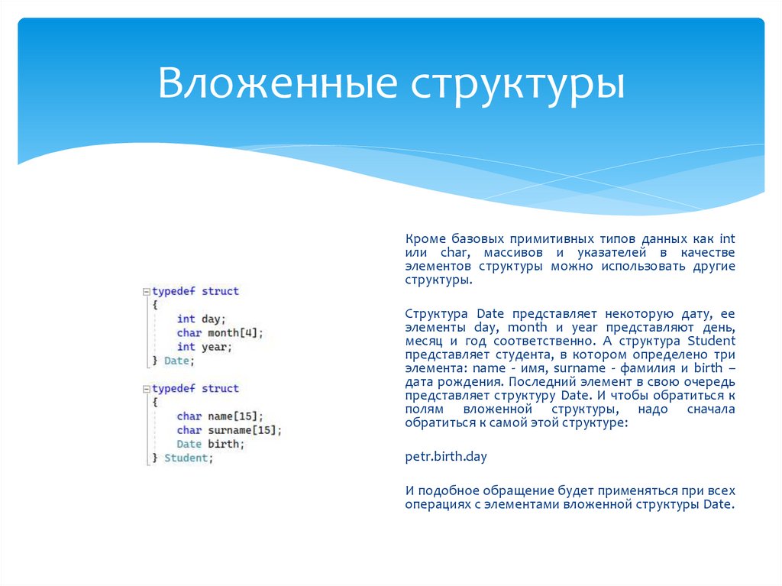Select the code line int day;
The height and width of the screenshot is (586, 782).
coord(202,319)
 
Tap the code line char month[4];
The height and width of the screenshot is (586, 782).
coord(220,333)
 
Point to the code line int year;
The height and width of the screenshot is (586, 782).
coord(204,347)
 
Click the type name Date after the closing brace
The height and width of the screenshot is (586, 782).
coord(176,361)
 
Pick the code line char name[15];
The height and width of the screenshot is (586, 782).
coord(220,416)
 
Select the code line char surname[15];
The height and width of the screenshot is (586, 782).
coord(229,430)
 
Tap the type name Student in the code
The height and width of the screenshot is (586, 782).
coord(186,458)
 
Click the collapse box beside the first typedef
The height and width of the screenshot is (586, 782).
coord(146,292)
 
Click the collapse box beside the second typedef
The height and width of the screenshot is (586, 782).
coord(146,389)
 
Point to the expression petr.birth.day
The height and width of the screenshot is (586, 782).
coord(446,457)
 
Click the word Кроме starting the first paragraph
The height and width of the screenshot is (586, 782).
coord(423,238)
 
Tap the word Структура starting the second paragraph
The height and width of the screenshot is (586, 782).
coord(438,313)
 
